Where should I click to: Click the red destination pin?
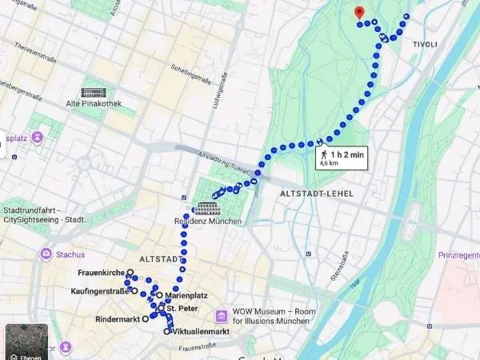(359, 12)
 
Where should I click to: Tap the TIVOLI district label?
(424, 44)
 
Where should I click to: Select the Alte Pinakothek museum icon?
(94, 94)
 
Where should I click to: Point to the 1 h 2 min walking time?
(347, 151)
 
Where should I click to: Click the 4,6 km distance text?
(328, 162)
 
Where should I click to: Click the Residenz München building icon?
(208, 208)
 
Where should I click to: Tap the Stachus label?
(70, 254)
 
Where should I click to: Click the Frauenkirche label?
(102, 273)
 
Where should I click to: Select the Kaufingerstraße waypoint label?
(100, 291)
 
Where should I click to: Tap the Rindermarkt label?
(117, 319)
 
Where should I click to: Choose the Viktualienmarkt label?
(201, 331)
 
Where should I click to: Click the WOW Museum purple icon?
(222, 315)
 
